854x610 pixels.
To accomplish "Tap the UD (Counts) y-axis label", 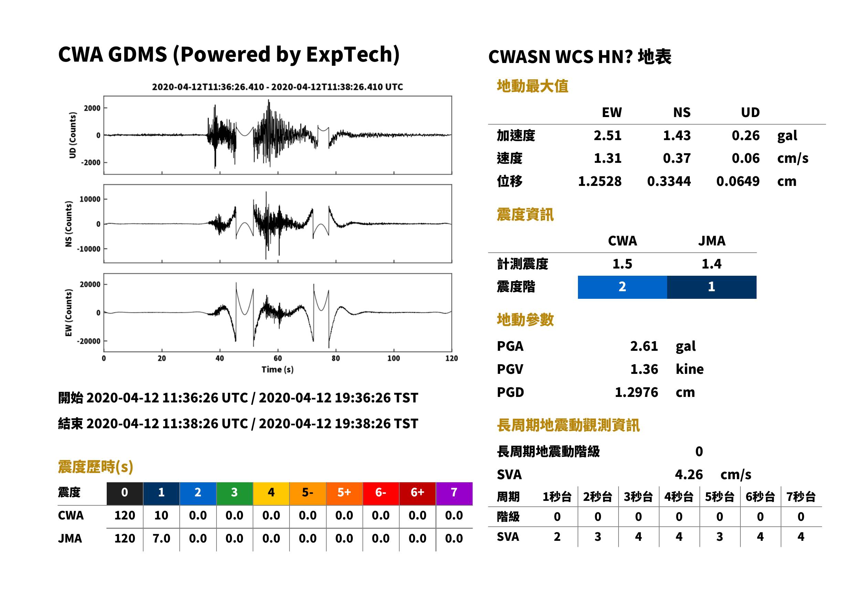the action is [73, 135].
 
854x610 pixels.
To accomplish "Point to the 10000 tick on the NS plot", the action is [90, 199].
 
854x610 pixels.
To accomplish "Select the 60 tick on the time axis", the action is [277, 358].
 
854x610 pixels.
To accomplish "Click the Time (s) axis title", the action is [277, 370].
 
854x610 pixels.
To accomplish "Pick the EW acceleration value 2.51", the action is [607, 136].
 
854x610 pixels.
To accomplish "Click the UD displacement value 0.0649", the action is [738, 181].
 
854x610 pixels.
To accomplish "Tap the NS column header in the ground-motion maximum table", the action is [682, 112].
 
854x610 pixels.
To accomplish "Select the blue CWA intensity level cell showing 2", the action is [622, 287].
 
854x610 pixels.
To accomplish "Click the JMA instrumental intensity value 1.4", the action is [711, 264].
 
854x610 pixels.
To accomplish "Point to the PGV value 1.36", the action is [644, 369].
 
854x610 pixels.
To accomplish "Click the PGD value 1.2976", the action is [636, 392].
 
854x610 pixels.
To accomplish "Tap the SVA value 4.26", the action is [689, 475].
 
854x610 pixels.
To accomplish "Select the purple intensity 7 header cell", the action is [454, 492].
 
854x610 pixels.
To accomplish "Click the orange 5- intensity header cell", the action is [308, 492].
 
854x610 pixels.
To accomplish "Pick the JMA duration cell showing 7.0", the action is [161, 539].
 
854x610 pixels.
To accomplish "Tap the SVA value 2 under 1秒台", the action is [557, 537].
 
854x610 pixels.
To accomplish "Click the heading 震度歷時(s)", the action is [96, 467].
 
